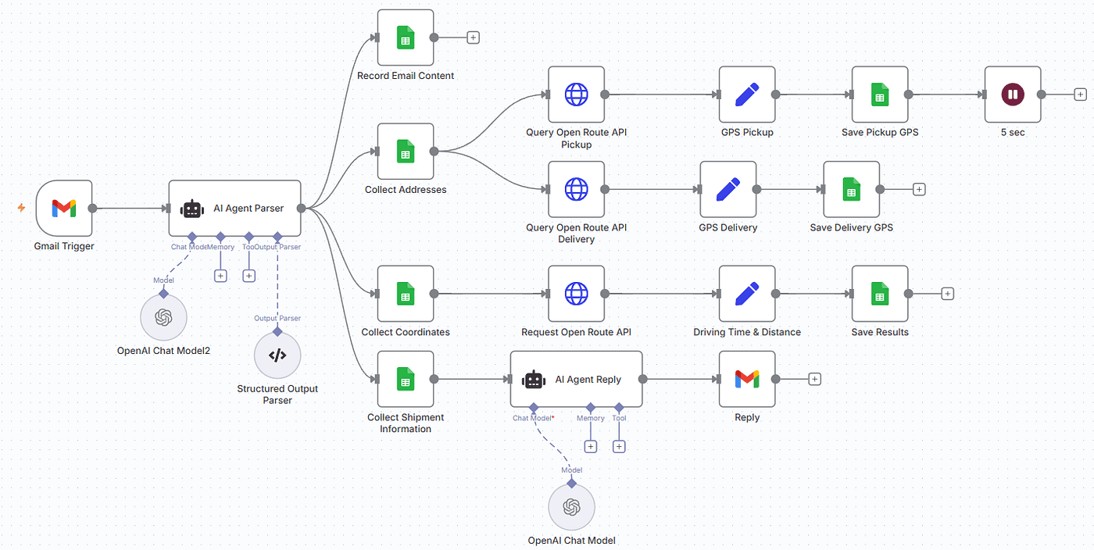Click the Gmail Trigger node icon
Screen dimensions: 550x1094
64,209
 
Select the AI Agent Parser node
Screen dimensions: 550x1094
234,209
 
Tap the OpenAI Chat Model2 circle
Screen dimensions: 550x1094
163,317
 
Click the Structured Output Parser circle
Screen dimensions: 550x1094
277,355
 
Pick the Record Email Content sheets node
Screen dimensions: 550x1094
406,37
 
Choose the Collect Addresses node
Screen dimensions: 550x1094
406,152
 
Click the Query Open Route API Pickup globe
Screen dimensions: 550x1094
576,95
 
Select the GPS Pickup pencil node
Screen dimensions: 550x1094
747,95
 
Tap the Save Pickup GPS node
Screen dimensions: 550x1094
880,95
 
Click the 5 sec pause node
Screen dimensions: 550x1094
1013,95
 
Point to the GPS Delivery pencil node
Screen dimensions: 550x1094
728,189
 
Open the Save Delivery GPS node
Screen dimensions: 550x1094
852,189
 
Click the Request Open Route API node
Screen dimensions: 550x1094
576,294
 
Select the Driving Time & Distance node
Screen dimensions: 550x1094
747,294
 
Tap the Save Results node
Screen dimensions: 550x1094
880,294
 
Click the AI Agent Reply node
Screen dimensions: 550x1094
576,379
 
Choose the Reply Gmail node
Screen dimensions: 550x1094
747,379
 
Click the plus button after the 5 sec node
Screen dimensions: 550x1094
1080,95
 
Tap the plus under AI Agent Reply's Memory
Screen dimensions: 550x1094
591,446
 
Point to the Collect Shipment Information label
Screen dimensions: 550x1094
406,423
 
